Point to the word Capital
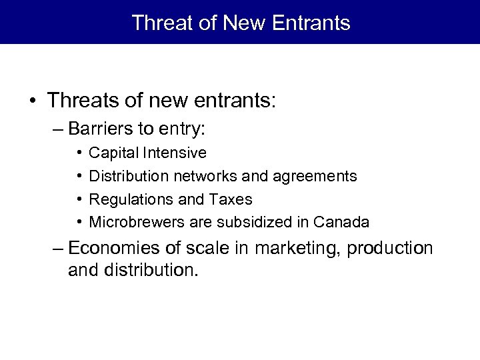tap(111, 153)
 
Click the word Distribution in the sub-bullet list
tap(129, 176)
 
